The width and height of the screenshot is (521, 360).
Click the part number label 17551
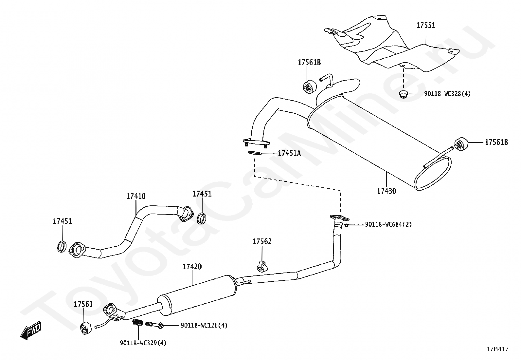click(426, 25)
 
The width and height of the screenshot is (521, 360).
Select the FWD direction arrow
click(31, 330)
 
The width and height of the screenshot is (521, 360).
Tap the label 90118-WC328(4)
click(447, 94)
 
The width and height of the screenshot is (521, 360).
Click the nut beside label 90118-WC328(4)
click(403, 94)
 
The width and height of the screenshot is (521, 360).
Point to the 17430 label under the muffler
click(386, 191)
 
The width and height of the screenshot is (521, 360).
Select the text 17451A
click(289, 153)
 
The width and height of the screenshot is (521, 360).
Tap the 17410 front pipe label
click(136, 196)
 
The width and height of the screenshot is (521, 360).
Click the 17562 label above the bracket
click(262, 241)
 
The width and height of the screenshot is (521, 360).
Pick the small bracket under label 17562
click(262, 267)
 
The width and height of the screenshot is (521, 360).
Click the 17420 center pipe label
click(192, 267)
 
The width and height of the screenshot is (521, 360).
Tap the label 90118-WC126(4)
click(204, 325)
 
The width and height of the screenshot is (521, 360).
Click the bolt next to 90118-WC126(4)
click(154, 324)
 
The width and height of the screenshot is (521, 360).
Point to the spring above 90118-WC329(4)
click(137, 323)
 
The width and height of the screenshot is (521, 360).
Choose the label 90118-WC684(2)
click(388, 224)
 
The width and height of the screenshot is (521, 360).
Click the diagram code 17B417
click(498, 349)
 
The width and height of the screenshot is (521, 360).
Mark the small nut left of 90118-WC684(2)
click(346, 225)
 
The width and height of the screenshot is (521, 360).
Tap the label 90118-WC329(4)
click(143, 343)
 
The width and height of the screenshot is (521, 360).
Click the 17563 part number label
click(83, 304)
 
